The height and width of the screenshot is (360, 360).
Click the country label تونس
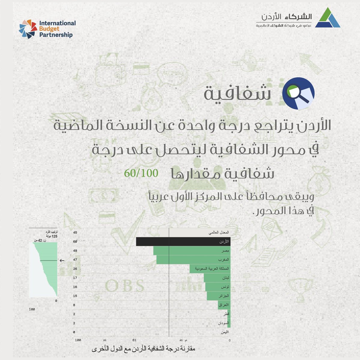coord(225,287)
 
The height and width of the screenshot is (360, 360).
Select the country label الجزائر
coord(224,296)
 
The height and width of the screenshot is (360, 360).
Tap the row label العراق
coord(224,305)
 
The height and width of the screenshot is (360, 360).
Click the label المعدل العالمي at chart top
coord(218,232)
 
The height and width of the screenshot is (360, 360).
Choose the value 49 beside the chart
coord(75,251)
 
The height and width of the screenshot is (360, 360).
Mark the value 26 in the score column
coord(75,269)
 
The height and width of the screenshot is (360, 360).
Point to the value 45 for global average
coord(75,232)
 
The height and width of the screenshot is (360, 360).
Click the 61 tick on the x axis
coord(135,340)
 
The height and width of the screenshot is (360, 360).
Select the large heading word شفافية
coord(237,94)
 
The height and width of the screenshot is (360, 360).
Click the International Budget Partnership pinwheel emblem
coord(28,29)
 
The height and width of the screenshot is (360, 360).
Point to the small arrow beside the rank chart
coord(62,261)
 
